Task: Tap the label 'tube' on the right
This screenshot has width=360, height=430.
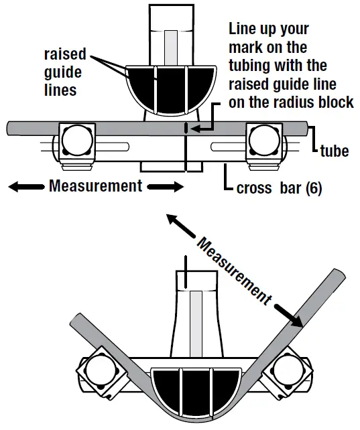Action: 333,151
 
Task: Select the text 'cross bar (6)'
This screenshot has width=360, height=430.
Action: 279,189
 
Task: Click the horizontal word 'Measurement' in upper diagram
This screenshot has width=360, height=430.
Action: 95,186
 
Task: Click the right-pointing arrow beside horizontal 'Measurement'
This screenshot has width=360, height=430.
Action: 164,186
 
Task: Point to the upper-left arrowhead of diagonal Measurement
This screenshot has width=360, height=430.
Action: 173,220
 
